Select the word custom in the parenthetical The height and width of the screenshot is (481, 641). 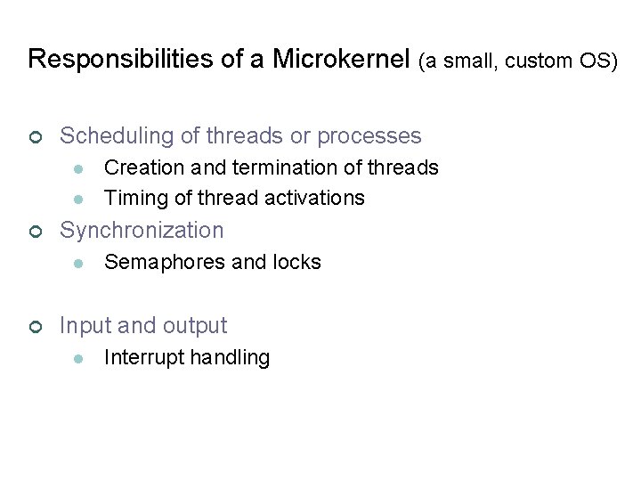pyautogui.click(x=542, y=61)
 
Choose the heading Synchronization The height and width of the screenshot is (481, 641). pyautogui.click(x=142, y=230)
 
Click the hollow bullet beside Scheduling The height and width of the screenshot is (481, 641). pyautogui.click(x=35, y=137)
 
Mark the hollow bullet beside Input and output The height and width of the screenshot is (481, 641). pyautogui.click(x=35, y=327)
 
